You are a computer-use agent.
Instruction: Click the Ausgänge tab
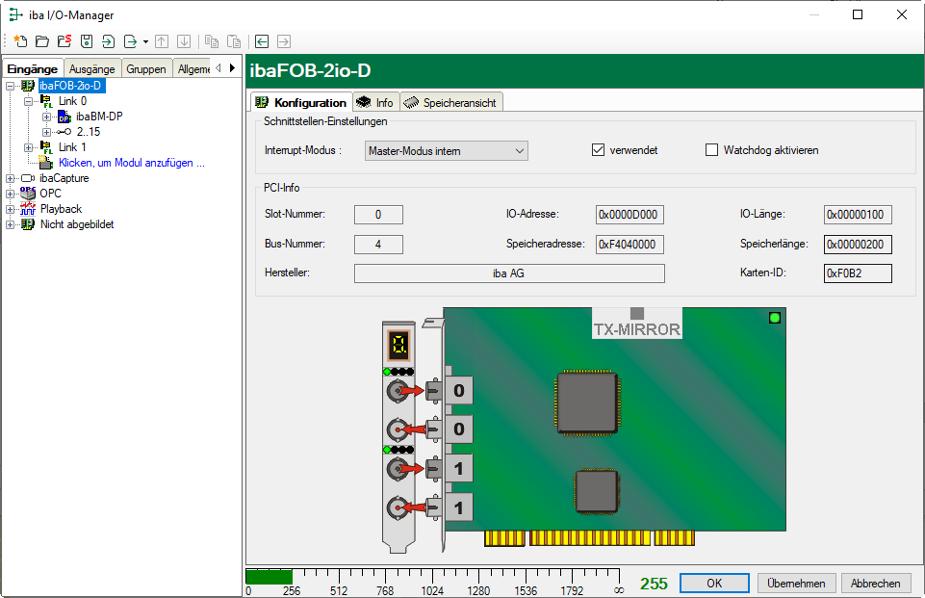pyautogui.click(x=92, y=69)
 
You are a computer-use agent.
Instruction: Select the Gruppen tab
pyautogui.click(x=146, y=69)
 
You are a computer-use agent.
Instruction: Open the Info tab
pyautogui.click(x=376, y=103)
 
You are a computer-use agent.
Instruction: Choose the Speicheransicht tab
pyautogui.click(x=451, y=103)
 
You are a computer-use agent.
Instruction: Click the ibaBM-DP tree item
pyautogui.click(x=99, y=117)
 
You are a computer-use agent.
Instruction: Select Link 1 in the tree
pyautogui.click(x=72, y=147)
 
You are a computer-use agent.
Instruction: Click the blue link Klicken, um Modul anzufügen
pyautogui.click(x=132, y=163)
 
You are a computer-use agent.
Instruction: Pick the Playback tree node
pyautogui.click(x=61, y=209)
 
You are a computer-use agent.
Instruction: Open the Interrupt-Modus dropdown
pyautogui.click(x=446, y=150)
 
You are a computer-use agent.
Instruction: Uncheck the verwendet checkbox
pyautogui.click(x=598, y=150)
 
